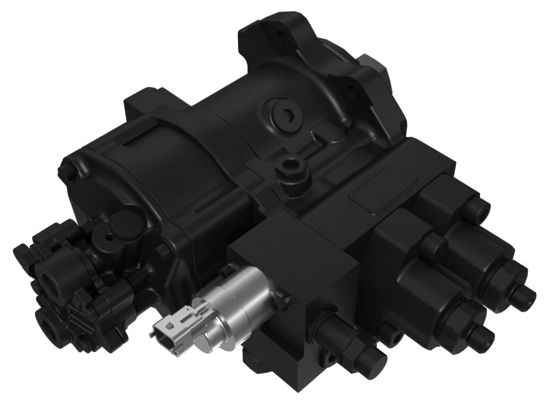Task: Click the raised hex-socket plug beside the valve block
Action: coord(293,165)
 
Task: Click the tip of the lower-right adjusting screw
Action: coord(488,335)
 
